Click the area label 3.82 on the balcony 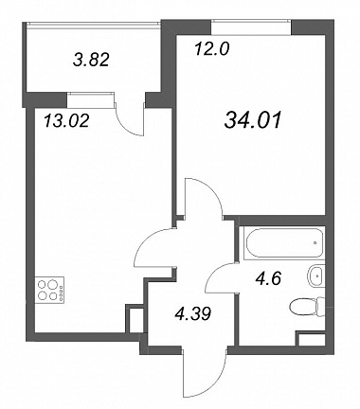click(x=91, y=60)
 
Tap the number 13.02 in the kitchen click(x=66, y=121)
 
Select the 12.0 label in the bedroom click(x=211, y=49)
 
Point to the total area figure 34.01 click(x=253, y=121)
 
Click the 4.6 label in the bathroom click(x=268, y=279)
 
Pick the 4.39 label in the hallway click(x=192, y=313)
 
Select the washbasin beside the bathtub click(x=315, y=276)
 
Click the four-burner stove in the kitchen click(x=49, y=290)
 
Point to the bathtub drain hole click(x=315, y=243)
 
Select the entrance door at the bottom click(x=205, y=370)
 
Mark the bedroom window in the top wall click(x=251, y=27)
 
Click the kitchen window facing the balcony click(x=90, y=100)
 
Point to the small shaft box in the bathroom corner click(x=312, y=339)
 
